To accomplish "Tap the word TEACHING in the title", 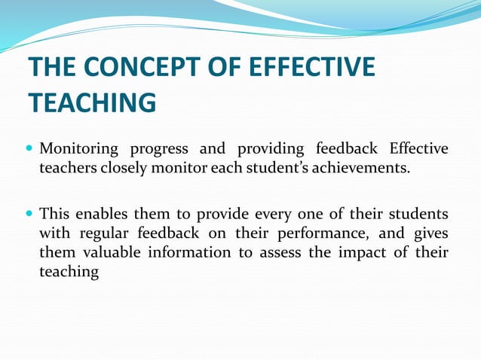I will [91, 102].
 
